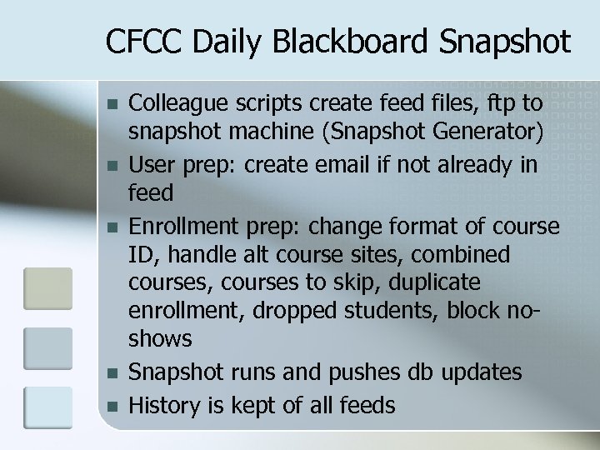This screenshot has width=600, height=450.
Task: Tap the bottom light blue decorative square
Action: [x=47, y=408]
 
